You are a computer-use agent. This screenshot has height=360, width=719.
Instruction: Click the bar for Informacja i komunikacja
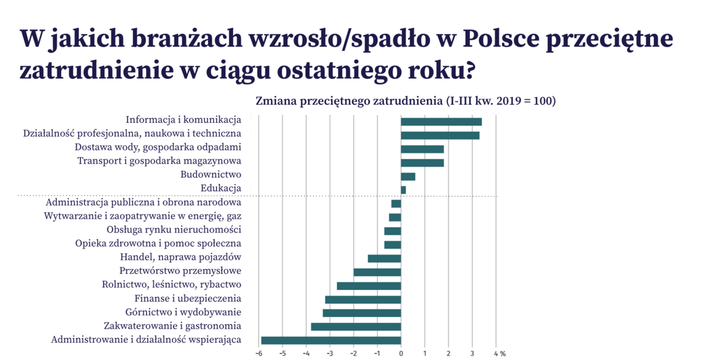[441, 122]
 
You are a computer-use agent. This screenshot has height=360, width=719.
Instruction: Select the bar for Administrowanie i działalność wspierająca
[331, 340]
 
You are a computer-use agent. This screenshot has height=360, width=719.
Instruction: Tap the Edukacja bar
[403, 190]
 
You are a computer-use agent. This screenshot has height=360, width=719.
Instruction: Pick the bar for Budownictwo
[408, 176]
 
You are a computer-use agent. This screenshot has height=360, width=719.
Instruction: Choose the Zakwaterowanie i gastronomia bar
[356, 326]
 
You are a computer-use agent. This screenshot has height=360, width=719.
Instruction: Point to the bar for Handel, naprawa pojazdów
[384, 258]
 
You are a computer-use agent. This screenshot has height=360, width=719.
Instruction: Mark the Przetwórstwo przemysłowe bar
[377, 272]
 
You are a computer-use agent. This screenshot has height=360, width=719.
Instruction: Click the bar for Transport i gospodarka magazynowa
[422, 162]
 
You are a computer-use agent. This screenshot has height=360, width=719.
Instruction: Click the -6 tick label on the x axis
[258, 353]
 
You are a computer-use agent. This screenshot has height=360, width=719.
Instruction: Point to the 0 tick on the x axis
[401, 353]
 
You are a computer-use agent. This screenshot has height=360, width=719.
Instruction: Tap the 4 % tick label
[499, 353]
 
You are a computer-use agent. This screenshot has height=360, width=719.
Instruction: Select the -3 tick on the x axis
[330, 353]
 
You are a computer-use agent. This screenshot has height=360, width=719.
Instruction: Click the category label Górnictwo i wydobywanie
[183, 312]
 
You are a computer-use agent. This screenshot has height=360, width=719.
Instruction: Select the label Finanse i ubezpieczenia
[188, 298]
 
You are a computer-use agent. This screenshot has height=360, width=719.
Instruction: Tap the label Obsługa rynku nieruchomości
[174, 230]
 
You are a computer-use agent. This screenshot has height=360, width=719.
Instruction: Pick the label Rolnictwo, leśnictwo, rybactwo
[171, 285]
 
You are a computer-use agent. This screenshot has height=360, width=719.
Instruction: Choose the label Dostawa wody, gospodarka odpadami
[158, 147]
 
